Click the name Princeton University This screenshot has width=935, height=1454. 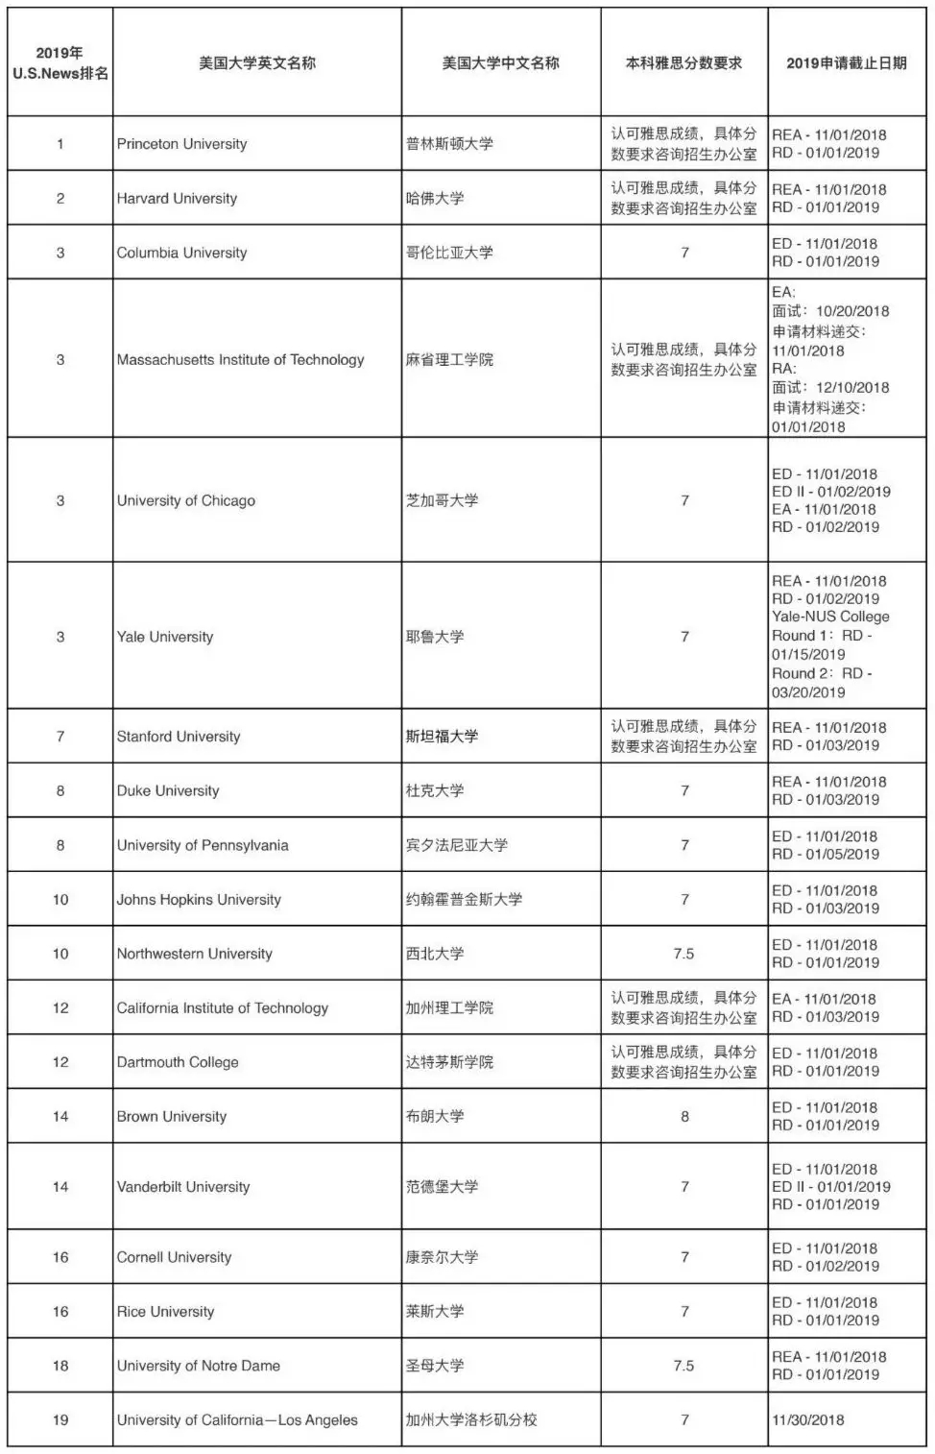pyautogui.click(x=181, y=144)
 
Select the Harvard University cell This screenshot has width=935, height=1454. pyautogui.click(x=177, y=199)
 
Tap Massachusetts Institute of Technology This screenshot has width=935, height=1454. pyautogui.click(x=240, y=360)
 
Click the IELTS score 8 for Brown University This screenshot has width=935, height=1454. pyautogui.click(x=684, y=1117)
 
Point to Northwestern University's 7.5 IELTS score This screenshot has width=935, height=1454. pyautogui.click(x=683, y=954)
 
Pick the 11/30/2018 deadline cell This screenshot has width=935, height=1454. pyautogui.click(x=808, y=1420)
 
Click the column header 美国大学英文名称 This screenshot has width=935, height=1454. pyautogui.click(x=257, y=63)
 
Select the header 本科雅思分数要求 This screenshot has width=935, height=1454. pyautogui.click(x=683, y=63)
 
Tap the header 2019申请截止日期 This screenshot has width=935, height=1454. pyautogui.click(x=846, y=63)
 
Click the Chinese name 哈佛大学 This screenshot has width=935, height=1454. pyautogui.click(x=435, y=199)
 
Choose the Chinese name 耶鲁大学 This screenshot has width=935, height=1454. pyautogui.click(x=435, y=637)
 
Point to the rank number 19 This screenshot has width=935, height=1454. pyautogui.click(x=60, y=1420)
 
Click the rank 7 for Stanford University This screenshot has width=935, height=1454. pyautogui.click(x=60, y=737)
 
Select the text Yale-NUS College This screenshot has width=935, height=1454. pyautogui.click(x=830, y=617)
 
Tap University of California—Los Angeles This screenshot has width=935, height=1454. pyautogui.click(x=237, y=1420)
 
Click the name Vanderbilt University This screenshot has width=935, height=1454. pyautogui.click(x=183, y=1187)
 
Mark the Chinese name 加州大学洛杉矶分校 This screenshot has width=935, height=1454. pyautogui.click(x=471, y=1420)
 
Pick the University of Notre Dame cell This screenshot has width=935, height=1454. pyautogui.click(x=199, y=1366)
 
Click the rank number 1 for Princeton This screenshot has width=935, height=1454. pyautogui.click(x=60, y=144)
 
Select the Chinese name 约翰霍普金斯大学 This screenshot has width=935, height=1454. pyautogui.click(x=464, y=900)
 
